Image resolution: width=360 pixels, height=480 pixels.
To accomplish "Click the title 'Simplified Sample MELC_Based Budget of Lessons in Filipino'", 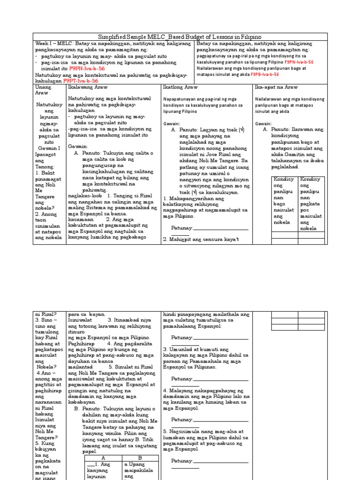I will pos(180,37).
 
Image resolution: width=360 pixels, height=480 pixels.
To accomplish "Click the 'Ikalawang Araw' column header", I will pos(88,87).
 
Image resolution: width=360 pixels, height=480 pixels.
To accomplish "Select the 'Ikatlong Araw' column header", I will pos(180,87).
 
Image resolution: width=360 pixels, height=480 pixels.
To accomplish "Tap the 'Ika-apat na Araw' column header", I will pos(277,87).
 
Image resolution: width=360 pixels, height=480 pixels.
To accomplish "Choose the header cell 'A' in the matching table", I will pos(103,457).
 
